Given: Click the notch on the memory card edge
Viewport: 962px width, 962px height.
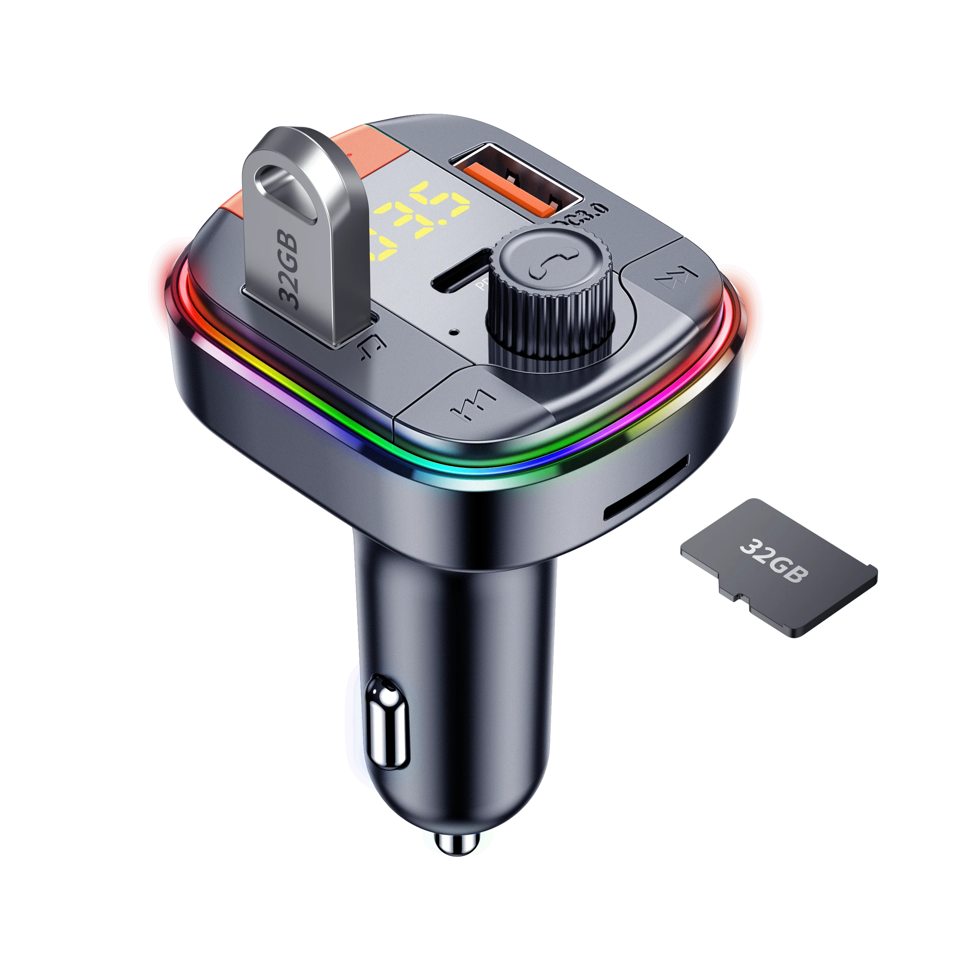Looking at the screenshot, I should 737,595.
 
